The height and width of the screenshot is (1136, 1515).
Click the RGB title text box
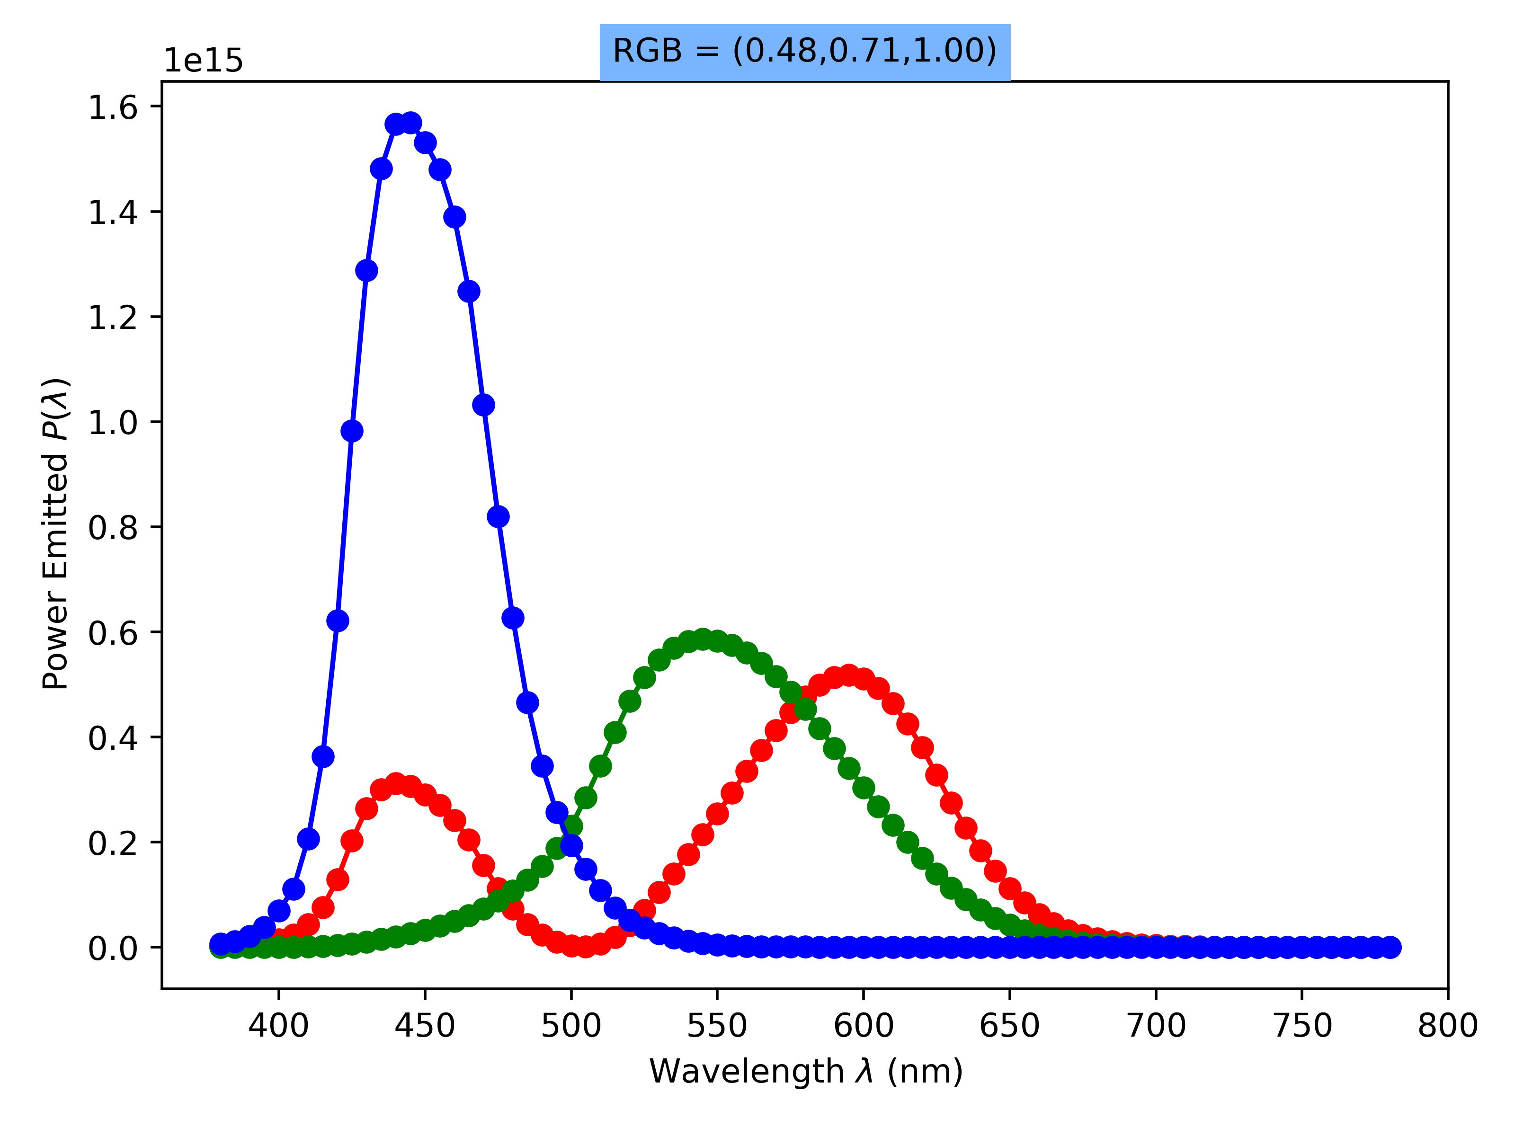805,51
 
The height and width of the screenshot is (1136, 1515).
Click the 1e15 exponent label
203,61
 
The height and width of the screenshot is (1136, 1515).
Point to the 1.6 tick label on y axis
113,107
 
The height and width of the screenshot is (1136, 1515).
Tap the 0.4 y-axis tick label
113,737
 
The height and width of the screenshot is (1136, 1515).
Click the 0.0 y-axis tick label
113,948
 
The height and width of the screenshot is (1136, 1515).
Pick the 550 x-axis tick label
717,1026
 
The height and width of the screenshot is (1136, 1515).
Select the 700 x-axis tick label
1156,1026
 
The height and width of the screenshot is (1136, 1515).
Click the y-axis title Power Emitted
56,533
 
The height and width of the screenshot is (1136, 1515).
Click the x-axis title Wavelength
806,1072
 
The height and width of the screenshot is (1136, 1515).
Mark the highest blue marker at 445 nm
411,123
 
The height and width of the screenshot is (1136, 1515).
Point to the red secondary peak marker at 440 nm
396,783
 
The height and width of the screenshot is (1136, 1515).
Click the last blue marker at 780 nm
1390,947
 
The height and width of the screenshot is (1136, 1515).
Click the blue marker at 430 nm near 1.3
366,270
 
